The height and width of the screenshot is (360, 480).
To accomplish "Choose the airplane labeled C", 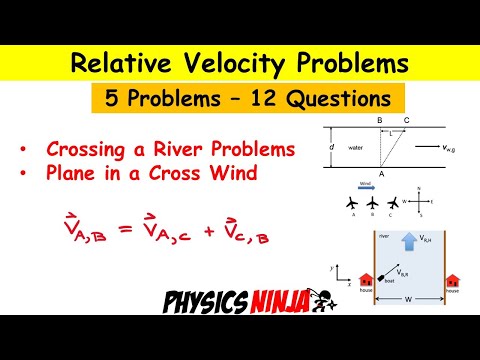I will tap(389, 204).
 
